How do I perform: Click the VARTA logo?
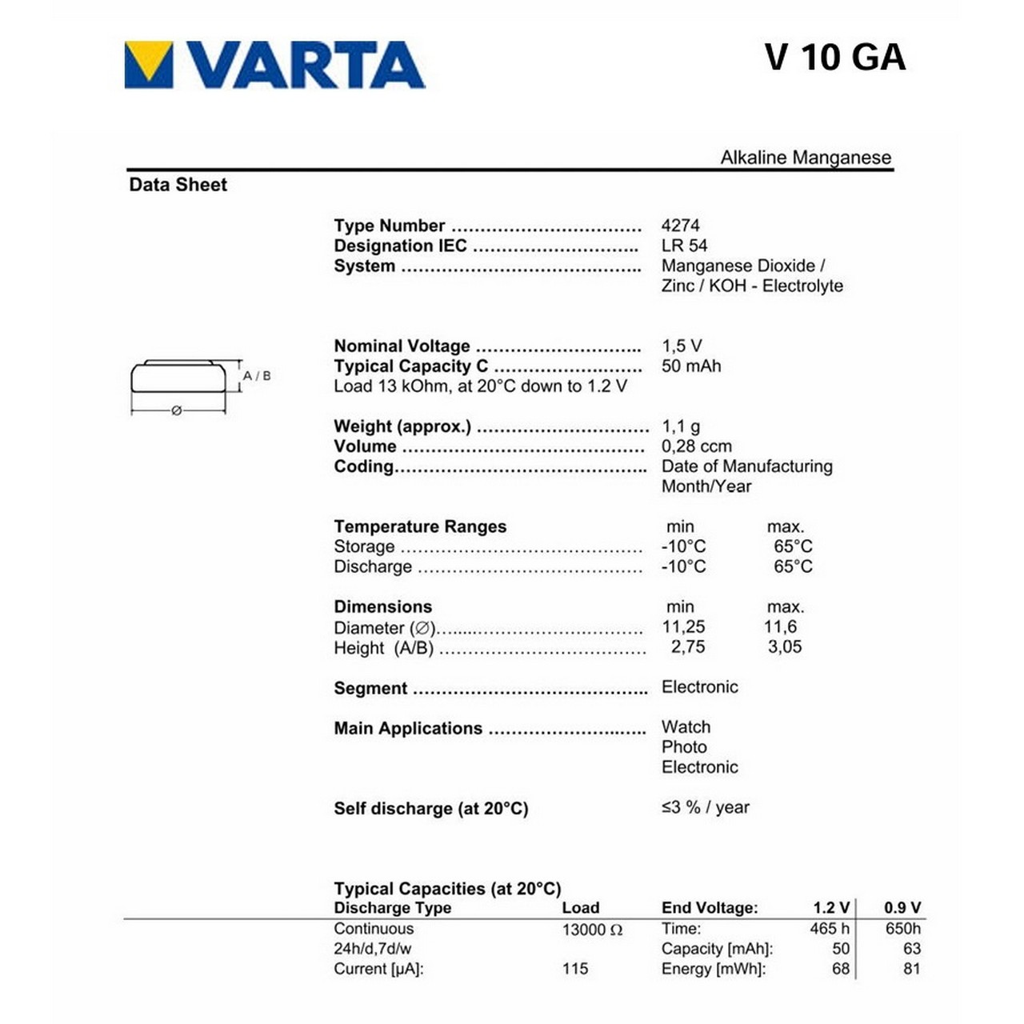274,64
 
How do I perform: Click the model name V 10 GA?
834,57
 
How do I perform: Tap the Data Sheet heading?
178,185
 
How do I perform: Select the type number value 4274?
680,226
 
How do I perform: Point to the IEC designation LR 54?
684,246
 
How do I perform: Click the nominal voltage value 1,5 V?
682,346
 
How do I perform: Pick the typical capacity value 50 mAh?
691,366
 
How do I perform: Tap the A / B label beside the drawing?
257,375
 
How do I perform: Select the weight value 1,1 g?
680,426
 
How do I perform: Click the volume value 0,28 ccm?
696,446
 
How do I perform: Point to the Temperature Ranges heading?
420,526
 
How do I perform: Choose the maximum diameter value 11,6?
780,626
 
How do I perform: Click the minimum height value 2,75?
688,646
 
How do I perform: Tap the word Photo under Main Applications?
684,746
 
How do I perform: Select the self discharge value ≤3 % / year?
705,807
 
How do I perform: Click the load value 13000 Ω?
592,930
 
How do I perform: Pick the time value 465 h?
830,929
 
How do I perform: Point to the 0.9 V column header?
902,908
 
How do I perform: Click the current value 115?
575,969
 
